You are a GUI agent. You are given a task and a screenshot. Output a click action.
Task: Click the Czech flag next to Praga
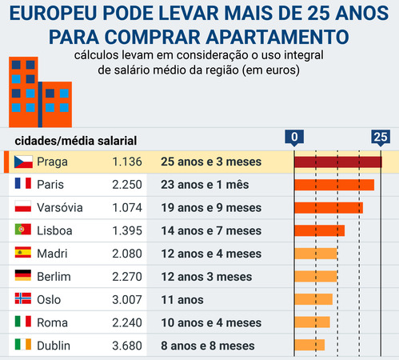[23, 162]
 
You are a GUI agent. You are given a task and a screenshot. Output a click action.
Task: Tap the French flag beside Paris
[23, 185]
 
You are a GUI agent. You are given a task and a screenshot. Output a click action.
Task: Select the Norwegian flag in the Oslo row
[23, 300]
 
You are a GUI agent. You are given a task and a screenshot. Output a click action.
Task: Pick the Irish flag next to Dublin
[23, 346]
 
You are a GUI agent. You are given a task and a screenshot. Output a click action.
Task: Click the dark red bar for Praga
[337, 162]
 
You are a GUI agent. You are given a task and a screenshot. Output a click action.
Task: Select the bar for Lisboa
[320, 230]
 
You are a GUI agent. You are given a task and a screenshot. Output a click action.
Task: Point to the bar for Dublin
[309, 346]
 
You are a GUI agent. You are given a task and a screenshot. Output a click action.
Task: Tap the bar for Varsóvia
[329, 208]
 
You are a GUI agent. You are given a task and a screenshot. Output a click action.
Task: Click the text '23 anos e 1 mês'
[205, 185]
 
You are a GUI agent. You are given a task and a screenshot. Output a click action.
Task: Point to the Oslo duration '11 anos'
[182, 300]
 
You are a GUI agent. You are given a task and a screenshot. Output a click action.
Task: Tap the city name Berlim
[54, 277]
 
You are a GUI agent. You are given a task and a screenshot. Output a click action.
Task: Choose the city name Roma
[52, 323]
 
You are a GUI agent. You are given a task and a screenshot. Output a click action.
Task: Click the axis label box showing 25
[381, 137]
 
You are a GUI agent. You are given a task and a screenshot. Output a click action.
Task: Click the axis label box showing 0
[295, 137]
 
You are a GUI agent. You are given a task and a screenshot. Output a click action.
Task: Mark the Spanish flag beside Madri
[23, 254]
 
